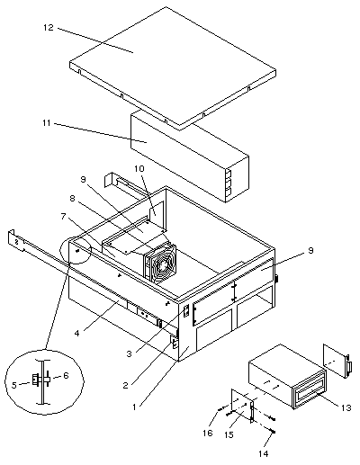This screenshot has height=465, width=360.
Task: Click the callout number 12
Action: [x=48, y=28]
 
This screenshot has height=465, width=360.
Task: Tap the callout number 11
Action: [x=47, y=123]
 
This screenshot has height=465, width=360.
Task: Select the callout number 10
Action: [x=139, y=168]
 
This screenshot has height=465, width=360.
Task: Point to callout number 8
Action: [x=72, y=198]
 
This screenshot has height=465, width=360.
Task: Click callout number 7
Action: [x=63, y=216]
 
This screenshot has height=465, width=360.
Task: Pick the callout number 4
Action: [x=77, y=333]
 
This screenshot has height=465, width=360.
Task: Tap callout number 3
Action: [x=129, y=353]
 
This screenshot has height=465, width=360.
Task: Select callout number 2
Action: [x=126, y=385]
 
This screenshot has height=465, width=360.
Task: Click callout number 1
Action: [x=134, y=407]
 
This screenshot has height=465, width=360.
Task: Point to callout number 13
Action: [x=346, y=407]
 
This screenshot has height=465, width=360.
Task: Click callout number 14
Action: [x=264, y=453]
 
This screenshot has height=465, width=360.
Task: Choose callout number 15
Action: [x=229, y=434]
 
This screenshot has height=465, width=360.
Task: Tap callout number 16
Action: [x=208, y=433]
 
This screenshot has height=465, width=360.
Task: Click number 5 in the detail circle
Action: [x=14, y=385]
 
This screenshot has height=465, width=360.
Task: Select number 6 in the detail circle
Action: [x=66, y=375]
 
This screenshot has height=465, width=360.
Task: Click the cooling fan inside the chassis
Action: [x=160, y=263]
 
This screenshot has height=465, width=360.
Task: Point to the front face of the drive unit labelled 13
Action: [x=310, y=389]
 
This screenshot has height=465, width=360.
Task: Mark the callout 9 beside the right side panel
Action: [x=311, y=250]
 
